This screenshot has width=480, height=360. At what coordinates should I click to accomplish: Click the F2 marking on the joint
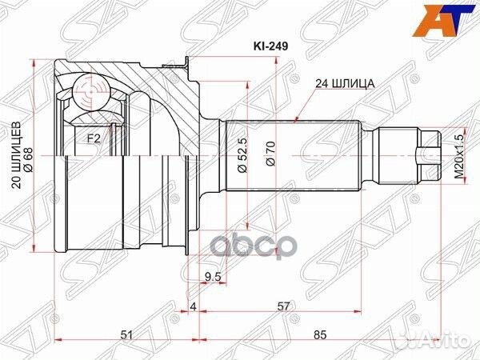(x=93, y=138)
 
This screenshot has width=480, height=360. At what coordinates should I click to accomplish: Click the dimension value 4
(x=193, y=306)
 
